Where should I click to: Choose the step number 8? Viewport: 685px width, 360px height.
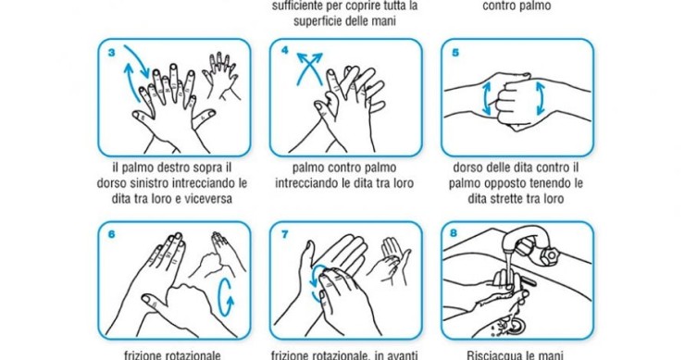[x=455, y=234]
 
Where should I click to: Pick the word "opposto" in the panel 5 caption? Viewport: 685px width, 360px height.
[x=517, y=183]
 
